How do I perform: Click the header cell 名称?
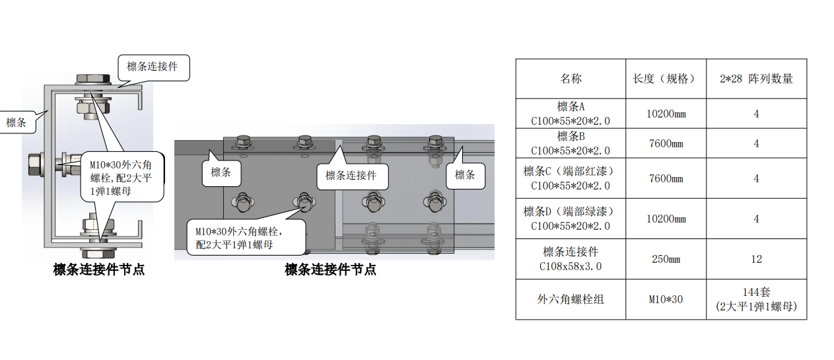(x=571, y=79)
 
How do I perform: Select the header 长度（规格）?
(x=666, y=79)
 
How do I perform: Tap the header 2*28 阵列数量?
(x=756, y=79)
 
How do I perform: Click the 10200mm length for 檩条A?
(x=666, y=114)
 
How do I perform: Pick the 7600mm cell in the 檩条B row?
(x=666, y=143)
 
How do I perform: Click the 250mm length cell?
(x=666, y=259)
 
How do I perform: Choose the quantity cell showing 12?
(x=756, y=259)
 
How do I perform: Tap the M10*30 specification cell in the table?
(x=666, y=299)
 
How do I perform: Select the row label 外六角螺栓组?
(x=571, y=299)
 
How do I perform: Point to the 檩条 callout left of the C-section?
(x=17, y=122)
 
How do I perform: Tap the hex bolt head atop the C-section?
(x=93, y=79)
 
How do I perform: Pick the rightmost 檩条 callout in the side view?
(x=465, y=175)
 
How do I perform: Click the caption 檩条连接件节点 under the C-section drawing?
(x=98, y=269)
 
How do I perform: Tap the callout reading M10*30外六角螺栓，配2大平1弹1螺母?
(x=246, y=238)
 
